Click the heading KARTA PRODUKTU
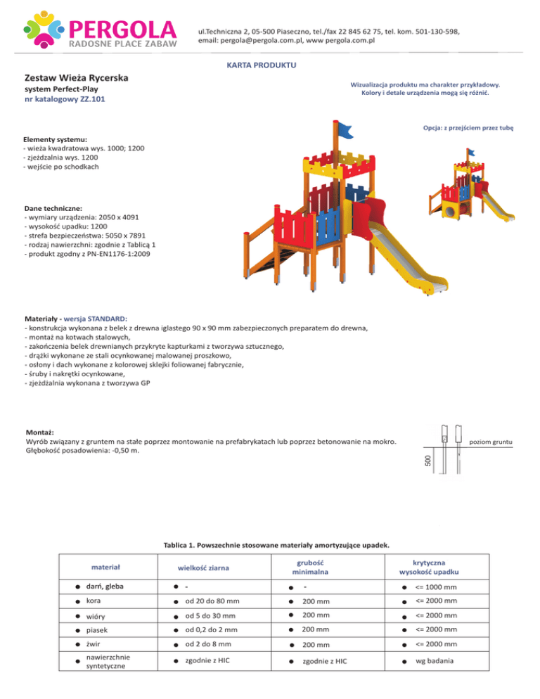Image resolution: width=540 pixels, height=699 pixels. coord(262,65)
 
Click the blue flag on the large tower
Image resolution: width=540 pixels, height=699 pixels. coord(345,128)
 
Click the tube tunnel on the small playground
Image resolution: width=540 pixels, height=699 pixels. coord(450,207)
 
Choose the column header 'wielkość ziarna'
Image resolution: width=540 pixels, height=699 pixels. coord(204,568)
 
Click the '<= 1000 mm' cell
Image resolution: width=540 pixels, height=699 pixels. coord(436,587)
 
